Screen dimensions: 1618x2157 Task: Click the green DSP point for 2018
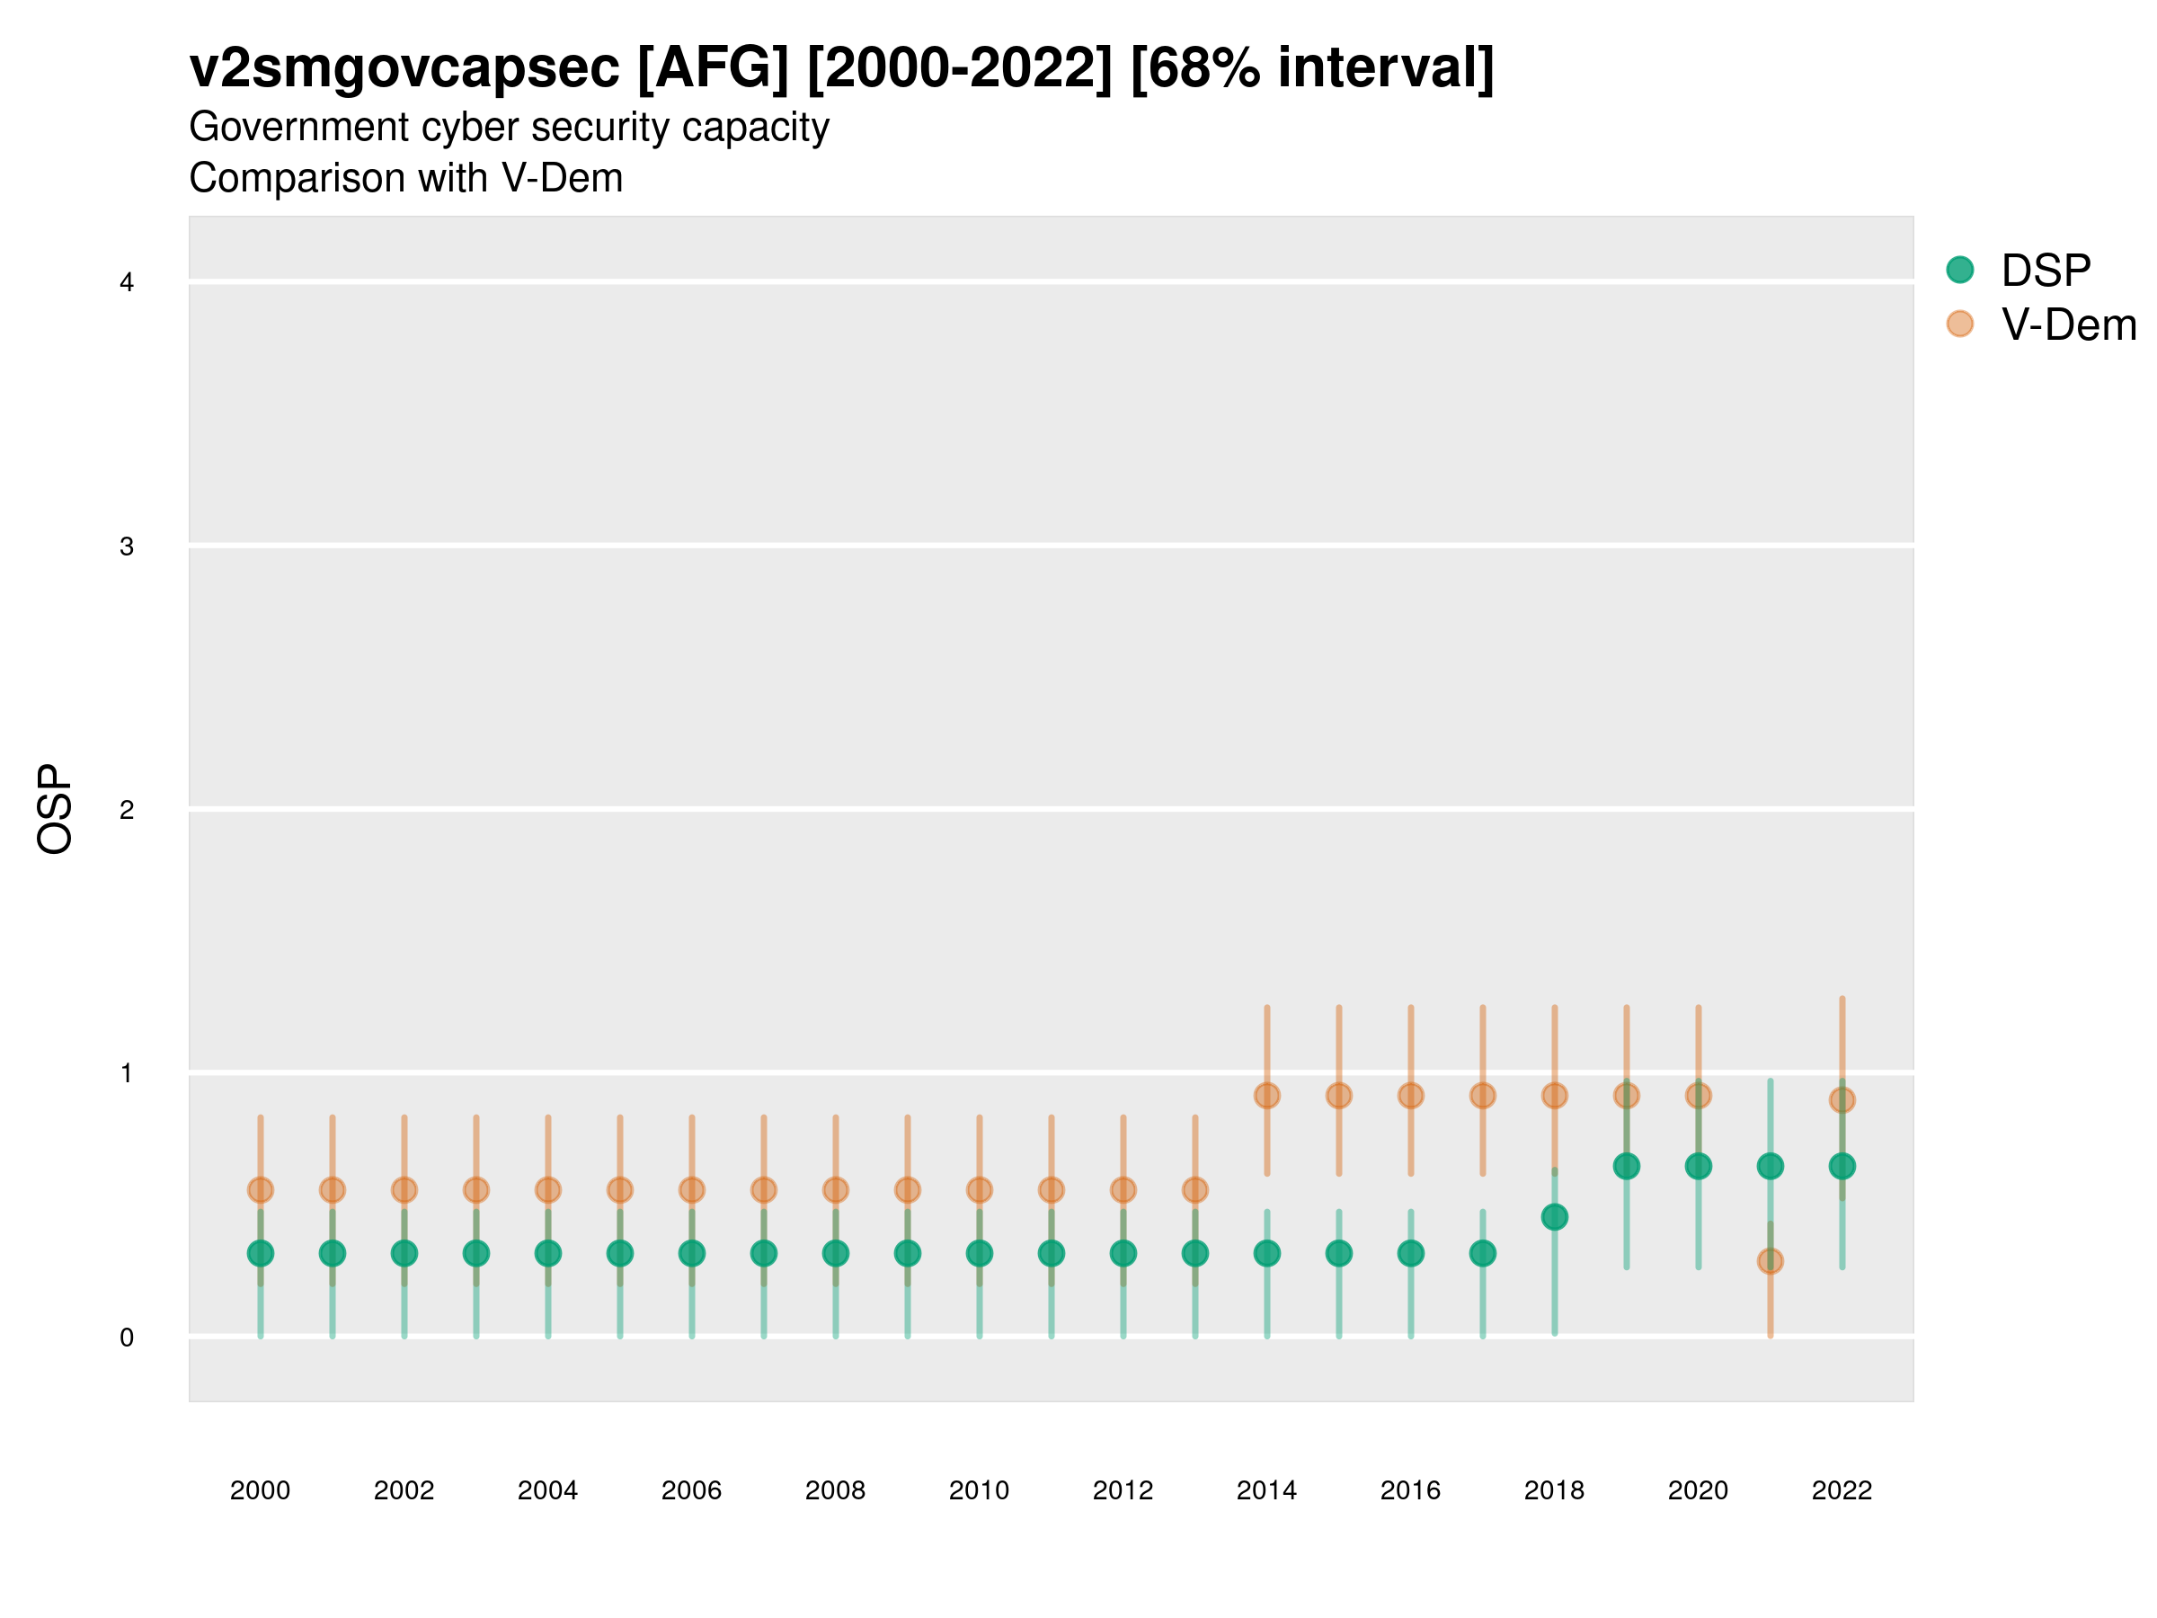(1554, 1217)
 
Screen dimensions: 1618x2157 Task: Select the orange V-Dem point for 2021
(1770, 1261)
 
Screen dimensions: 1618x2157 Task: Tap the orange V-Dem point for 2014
(1266, 1095)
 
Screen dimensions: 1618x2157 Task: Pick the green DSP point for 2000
(261, 1253)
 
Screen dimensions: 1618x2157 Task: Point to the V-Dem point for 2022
(1842, 1100)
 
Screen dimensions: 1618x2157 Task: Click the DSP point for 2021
(1770, 1166)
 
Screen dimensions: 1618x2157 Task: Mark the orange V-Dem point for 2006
(691, 1190)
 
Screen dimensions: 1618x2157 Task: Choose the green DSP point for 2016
(1410, 1253)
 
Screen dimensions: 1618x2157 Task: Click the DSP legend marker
(1959, 269)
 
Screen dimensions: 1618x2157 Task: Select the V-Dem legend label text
(2067, 324)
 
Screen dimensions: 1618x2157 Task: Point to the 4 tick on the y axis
(127, 283)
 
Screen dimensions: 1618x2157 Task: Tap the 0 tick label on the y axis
(127, 1338)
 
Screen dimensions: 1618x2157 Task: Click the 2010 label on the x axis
(979, 1490)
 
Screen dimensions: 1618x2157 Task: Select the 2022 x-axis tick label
(1842, 1490)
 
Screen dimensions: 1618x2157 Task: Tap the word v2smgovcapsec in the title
(404, 68)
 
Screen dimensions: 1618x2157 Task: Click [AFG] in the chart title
(712, 68)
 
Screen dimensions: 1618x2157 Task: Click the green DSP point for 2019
(1627, 1166)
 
